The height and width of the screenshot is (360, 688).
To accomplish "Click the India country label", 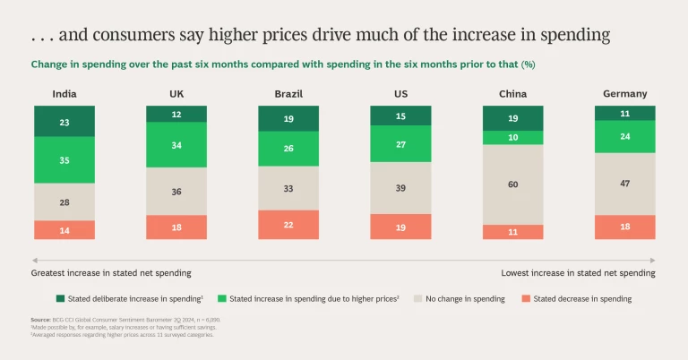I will click(64, 93).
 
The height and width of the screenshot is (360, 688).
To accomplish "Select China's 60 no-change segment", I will click(512, 184).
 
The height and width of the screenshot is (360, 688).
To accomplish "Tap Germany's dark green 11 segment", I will click(624, 114).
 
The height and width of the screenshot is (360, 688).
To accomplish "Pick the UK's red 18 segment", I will click(176, 227).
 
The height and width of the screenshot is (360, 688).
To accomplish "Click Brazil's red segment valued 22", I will click(288, 225).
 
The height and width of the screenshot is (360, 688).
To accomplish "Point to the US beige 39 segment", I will click(400, 188).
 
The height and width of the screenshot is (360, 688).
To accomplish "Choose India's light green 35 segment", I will click(64, 159).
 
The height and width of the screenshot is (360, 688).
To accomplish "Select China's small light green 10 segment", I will click(512, 138).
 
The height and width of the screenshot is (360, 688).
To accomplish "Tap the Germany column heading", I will click(624, 93).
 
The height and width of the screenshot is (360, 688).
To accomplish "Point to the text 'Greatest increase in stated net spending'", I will click(111, 272).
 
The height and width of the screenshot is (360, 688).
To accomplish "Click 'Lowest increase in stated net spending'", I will click(578, 272).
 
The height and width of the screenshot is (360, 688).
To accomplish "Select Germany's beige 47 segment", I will click(624, 184).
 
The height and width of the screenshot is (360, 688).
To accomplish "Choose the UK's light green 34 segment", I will click(176, 145).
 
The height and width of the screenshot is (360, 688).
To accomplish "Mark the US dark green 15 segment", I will click(400, 116).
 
